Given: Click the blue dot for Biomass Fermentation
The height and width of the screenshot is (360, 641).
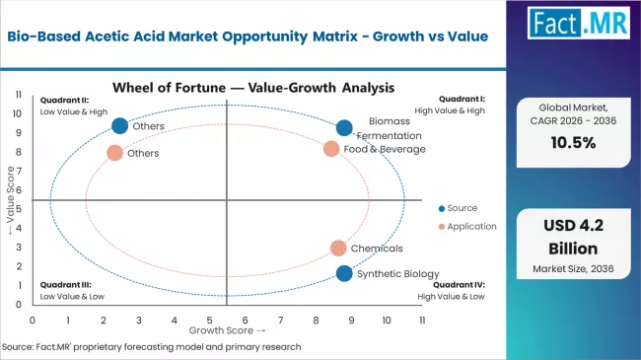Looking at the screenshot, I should tap(344, 127).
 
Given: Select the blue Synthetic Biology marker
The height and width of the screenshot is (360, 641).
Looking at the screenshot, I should tap(344, 273).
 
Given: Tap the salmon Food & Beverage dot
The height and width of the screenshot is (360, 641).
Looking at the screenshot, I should tap(331, 149).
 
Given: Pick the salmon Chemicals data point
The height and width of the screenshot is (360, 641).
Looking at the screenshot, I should tap(338, 249).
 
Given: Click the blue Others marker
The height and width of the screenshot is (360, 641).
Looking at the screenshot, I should tap(120, 125).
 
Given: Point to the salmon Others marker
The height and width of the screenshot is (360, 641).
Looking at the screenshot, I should tap(114, 153).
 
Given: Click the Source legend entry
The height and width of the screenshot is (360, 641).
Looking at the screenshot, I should tap(458, 208).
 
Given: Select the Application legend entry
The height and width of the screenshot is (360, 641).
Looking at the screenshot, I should tap(466, 226).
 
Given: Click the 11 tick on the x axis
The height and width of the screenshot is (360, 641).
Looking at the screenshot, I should tap(422, 321).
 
